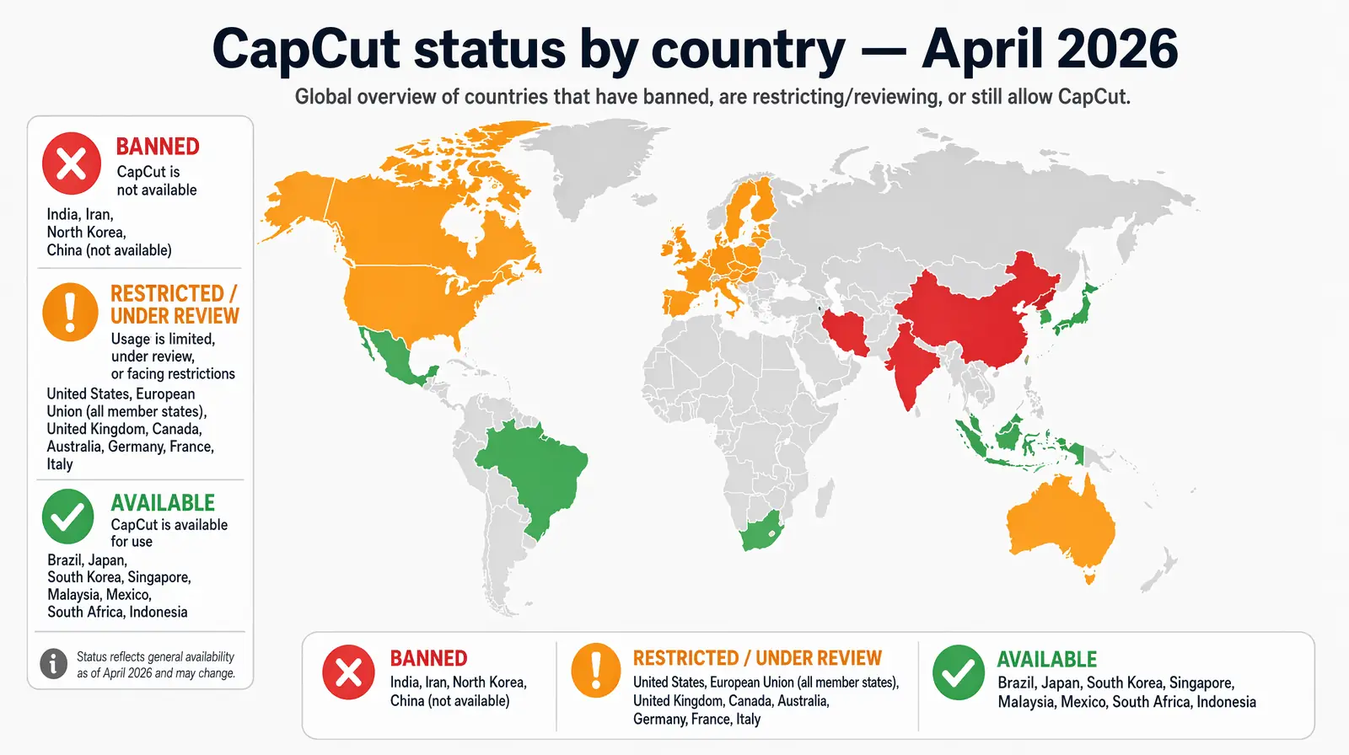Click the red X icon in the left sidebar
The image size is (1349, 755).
[72, 163]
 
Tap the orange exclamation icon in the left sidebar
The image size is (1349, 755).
[70, 312]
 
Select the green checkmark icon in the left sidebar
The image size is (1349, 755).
[67, 517]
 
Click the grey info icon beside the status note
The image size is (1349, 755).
[53, 664]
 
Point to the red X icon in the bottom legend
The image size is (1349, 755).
[348, 672]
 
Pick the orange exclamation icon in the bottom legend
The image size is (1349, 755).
[596, 671]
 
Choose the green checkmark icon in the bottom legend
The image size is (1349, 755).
[959, 672]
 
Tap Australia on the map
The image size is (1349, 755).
[1062, 522]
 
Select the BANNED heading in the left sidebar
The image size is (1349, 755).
[158, 147]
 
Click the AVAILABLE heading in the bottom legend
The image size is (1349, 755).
[1047, 659]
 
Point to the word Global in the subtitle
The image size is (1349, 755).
[323, 97]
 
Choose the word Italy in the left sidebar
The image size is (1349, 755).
[60, 464]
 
